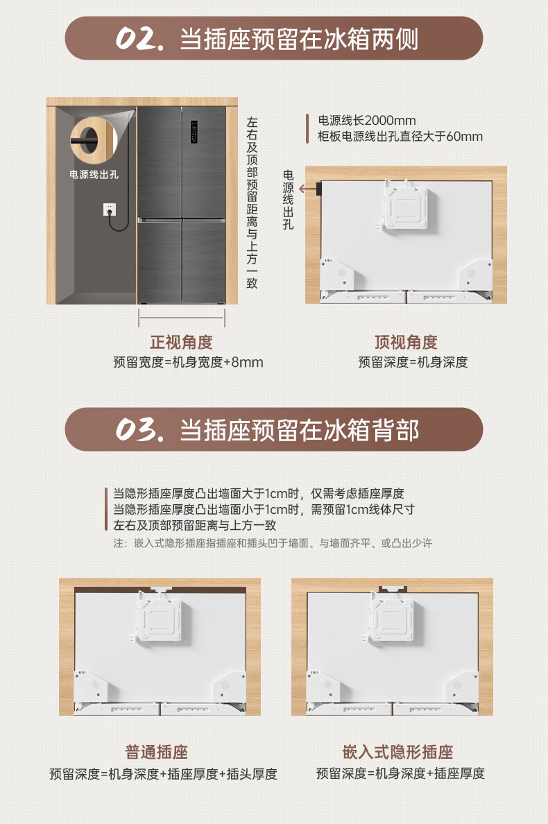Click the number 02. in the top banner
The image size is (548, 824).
pyautogui.click(x=139, y=39)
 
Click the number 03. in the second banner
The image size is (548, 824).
pyautogui.click(x=139, y=430)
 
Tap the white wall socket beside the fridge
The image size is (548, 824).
pyautogui.click(x=110, y=209)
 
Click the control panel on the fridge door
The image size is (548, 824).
pyautogui.click(x=194, y=131)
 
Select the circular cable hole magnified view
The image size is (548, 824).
pyautogui.click(x=93, y=139)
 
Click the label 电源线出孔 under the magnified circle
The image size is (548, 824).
pyautogui.click(x=94, y=175)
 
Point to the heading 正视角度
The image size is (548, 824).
pyautogui.click(x=181, y=342)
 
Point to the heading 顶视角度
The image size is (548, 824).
pyautogui.click(x=406, y=342)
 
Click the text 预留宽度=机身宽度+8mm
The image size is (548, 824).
pyautogui.click(x=188, y=362)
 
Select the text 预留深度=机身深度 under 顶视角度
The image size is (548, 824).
pyautogui.click(x=413, y=362)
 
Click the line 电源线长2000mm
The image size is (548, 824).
pyautogui.click(x=367, y=121)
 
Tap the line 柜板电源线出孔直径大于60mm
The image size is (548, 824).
pyautogui.click(x=400, y=137)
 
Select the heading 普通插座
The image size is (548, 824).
pyautogui.click(x=157, y=752)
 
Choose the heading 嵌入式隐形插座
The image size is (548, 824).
pyautogui.click(x=397, y=752)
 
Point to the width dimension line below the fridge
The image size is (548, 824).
pyautogui.click(x=182, y=318)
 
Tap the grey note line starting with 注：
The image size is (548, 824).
pyautogui.click(x=273, y=543)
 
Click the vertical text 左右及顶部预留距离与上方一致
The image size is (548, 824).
pyautogui.click(x=252, y=203)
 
